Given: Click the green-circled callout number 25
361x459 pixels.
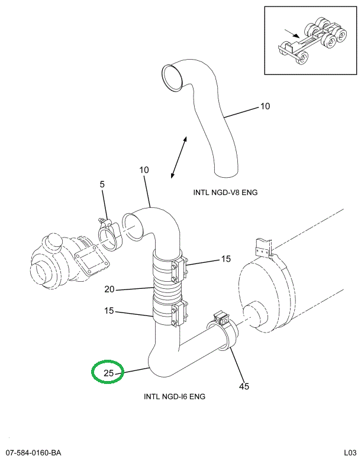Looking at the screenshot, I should tap(108, 373).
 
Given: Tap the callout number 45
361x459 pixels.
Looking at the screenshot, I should tap(244, 386).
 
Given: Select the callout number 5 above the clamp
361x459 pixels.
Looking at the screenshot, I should tap(102, 184).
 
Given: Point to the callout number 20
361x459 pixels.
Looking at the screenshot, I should tap(109, 289).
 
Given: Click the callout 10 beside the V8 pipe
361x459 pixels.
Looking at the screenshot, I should tap(265, 107).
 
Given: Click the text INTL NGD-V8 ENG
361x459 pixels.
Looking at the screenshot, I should tap(225, 192).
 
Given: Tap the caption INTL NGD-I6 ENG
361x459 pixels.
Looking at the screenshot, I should tap(175, 396).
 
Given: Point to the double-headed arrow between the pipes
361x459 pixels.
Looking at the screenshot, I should tap(178, 157).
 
